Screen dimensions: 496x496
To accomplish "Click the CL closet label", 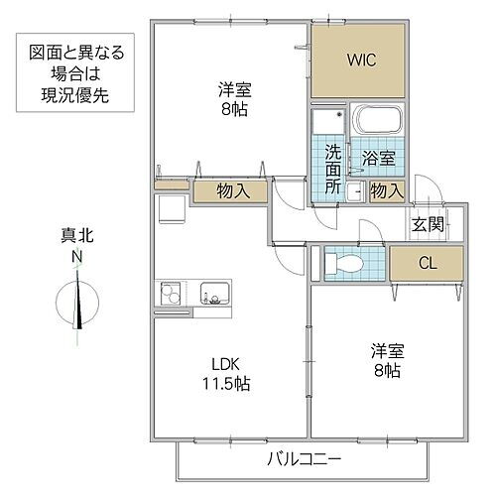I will click(426, 263).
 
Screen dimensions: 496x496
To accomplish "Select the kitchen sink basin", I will click(214, 294).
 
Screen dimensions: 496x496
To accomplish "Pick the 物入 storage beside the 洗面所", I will click(386, 190).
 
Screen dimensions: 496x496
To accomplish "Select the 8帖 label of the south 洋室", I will click(386, 370).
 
